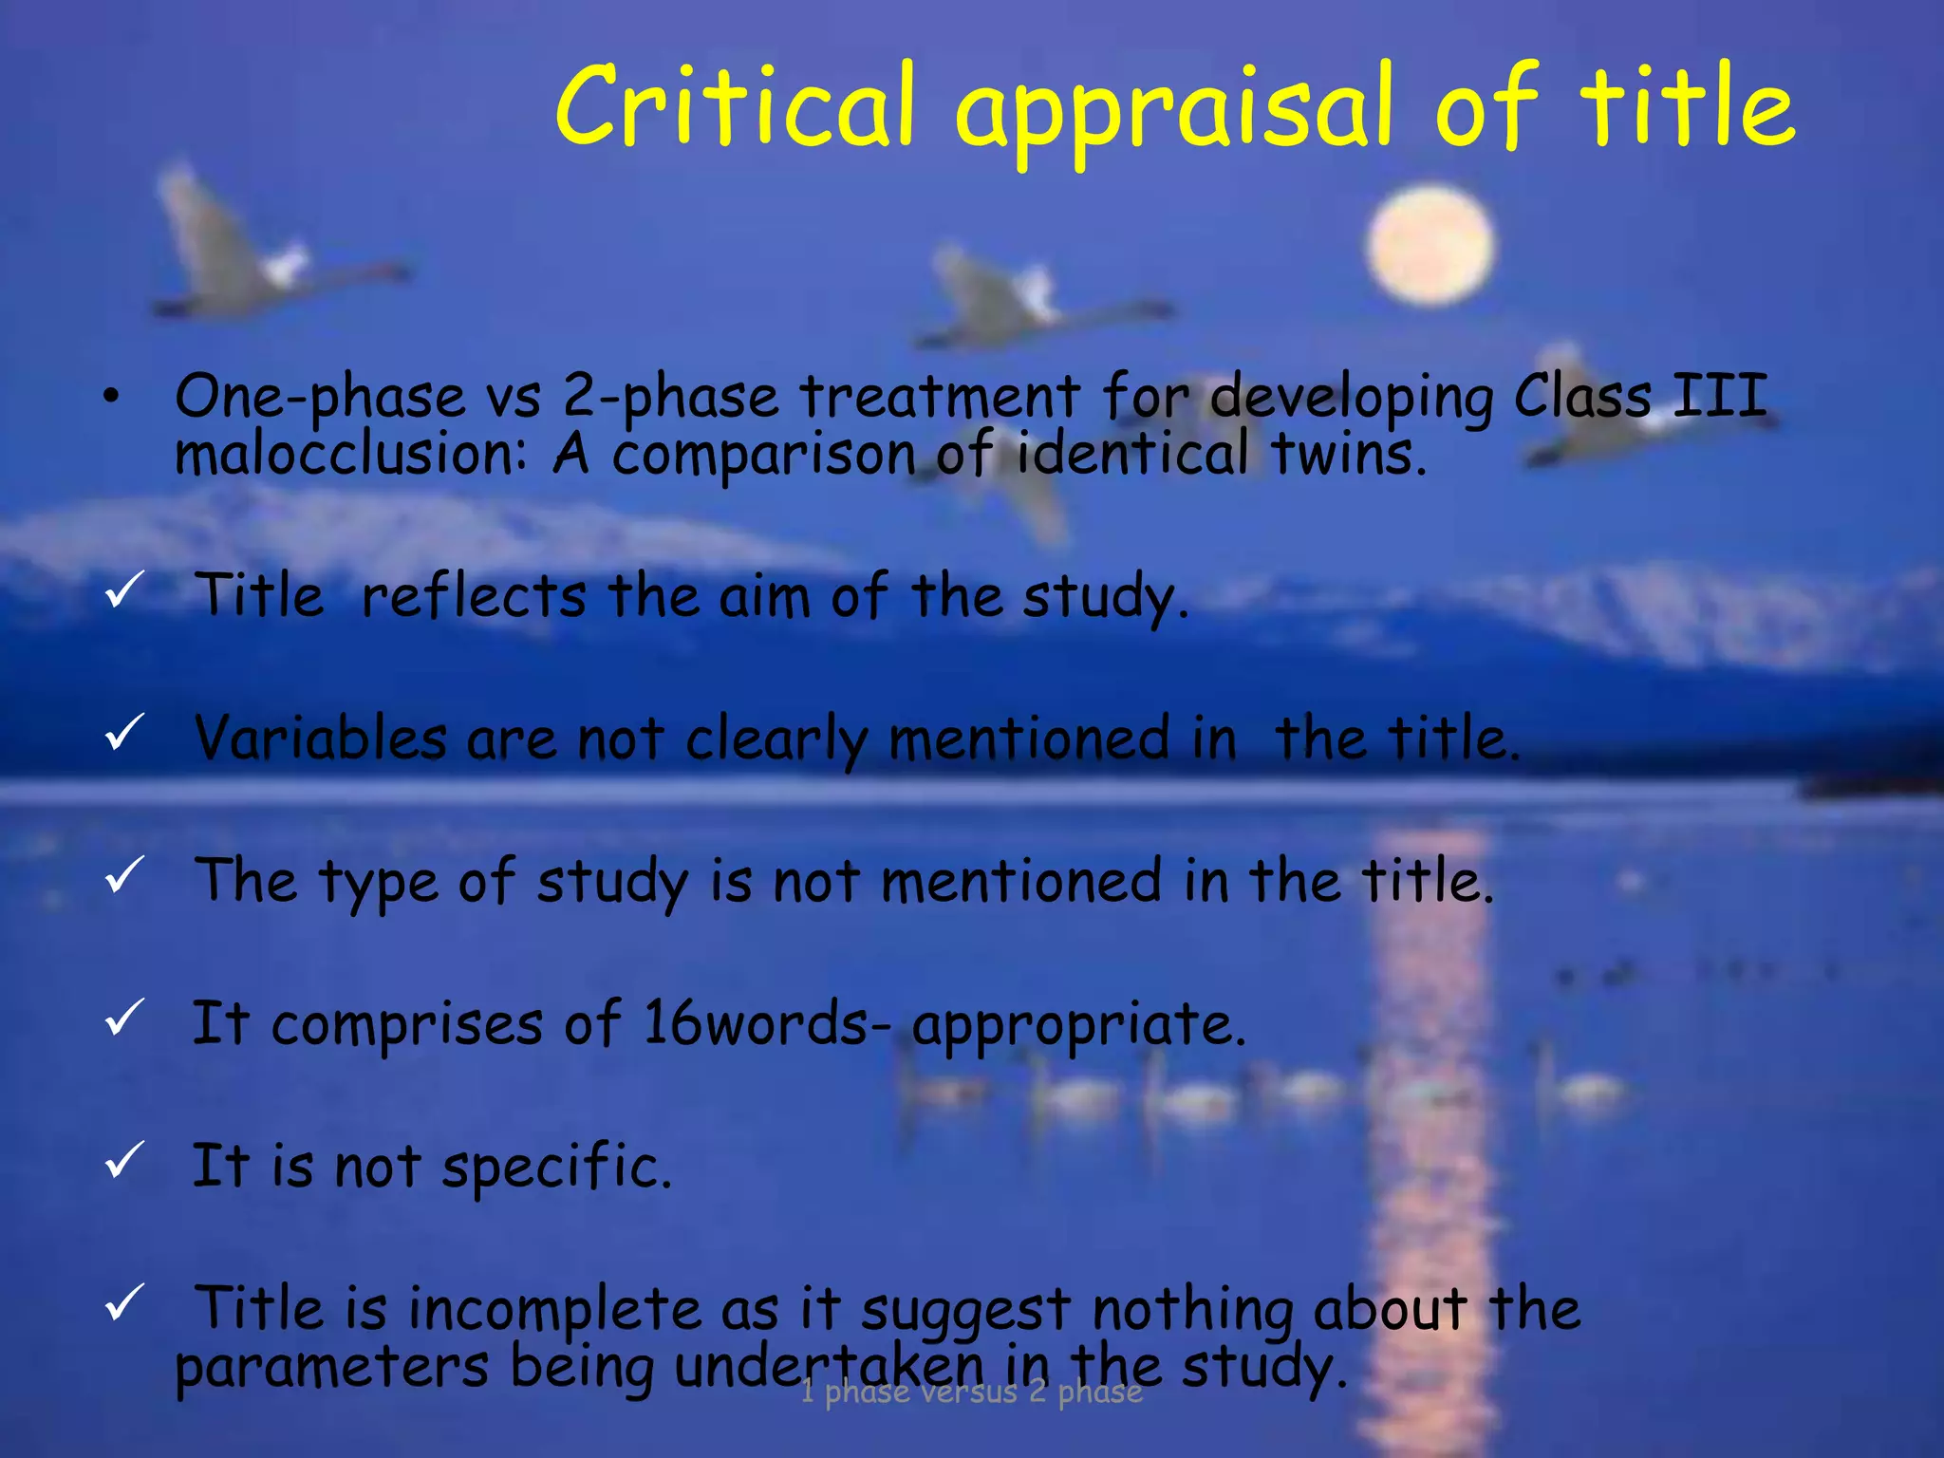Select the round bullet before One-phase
(x=112, y=399)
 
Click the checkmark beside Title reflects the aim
(x=123, y=589)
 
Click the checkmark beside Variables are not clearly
(x=123, y=732)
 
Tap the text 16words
(x=756, y=1023)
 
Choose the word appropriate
(x=1078, y=1025)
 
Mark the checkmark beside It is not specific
(x=123, y=1159)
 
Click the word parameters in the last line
(x=332, y=1367)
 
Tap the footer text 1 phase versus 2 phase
(x=971, y=1392)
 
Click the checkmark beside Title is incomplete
(x=123, y=1301)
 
